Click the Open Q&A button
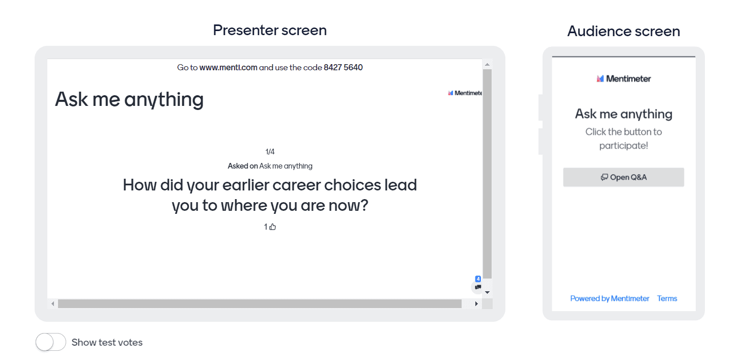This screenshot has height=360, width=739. [623, 177]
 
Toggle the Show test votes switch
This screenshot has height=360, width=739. [51, 342]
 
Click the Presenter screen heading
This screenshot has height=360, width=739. [270, 30]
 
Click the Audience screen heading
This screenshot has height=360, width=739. [623, 31]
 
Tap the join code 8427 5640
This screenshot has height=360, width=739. [343, 67]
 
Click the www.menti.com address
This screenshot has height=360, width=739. [228, 67]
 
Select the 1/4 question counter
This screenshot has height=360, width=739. [270, 152]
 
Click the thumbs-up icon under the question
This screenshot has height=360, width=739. [273, 227]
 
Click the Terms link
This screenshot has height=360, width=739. [667, 298]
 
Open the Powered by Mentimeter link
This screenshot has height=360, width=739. [610, 298]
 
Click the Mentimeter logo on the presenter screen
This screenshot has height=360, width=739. [465, 93]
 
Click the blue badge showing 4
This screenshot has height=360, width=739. [478, 279]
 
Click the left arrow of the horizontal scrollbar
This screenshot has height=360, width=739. [52, 303]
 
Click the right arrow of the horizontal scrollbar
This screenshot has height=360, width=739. [476, 303]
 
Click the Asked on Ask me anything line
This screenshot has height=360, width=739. [270, 166]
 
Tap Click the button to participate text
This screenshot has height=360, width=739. [623, 139]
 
